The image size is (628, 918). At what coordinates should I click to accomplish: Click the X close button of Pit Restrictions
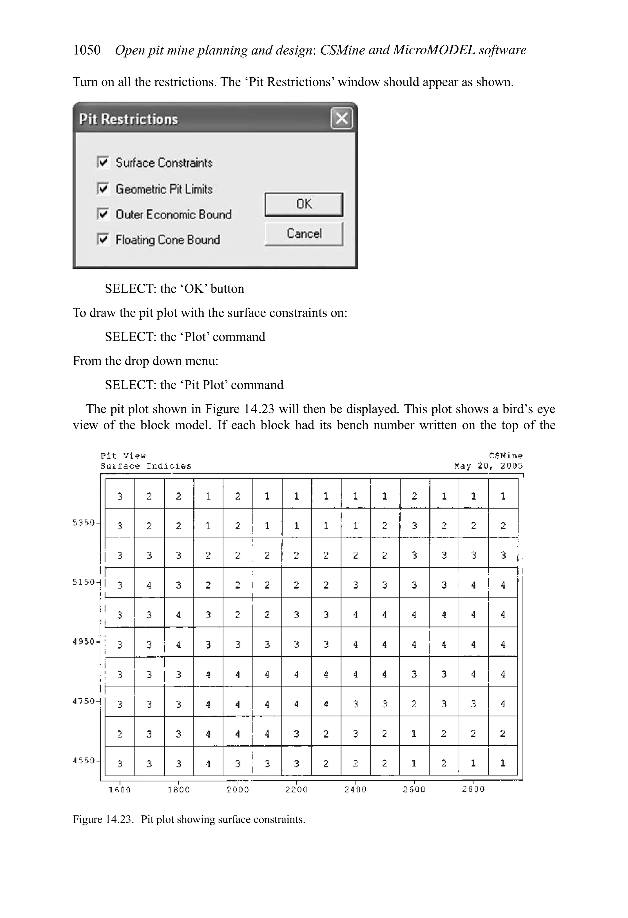(x=341, y=118)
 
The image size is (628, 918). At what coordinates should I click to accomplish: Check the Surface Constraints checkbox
(x=103, y=162)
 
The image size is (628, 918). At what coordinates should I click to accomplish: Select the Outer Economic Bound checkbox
(x=103, y=214)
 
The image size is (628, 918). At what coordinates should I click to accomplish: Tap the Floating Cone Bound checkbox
(x=103, y=239)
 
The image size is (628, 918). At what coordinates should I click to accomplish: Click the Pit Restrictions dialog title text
(x=128, y=119)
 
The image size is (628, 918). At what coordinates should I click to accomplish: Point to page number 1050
(x=86, y=50)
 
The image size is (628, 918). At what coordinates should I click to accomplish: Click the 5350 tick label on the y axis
(x=84, y=523)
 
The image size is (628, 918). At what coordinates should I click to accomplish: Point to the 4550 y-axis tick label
(x=84, y=760)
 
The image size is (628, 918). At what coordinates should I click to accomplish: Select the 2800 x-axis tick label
(x=473, y=789)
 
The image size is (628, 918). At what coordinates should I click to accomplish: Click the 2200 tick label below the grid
(x=297, y=789)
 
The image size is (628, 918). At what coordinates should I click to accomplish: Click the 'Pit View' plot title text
(x=123, y=456)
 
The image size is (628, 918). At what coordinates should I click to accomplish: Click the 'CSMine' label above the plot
(x=506, y=456)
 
